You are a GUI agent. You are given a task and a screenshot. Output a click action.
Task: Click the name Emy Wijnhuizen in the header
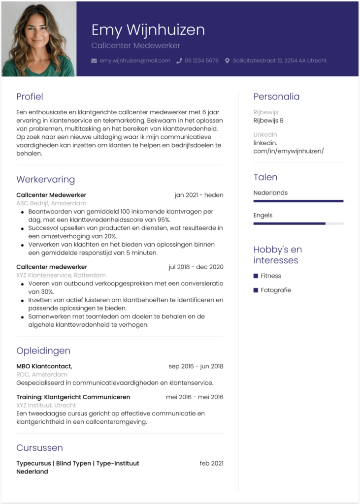coord(148,30)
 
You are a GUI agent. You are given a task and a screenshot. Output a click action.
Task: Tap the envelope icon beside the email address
coord(95,61)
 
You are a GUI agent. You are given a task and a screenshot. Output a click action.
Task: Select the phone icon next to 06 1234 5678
coord(179,61)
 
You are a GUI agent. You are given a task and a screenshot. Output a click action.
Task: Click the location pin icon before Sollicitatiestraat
coord(227,61)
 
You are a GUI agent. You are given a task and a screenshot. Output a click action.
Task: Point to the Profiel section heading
coord(30,96)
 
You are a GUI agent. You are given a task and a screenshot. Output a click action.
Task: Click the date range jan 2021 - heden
coord(198,195)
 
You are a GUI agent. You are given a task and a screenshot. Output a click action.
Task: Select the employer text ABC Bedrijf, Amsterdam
coord(51,203)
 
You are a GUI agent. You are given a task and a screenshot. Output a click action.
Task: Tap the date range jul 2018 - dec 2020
coord(196,267)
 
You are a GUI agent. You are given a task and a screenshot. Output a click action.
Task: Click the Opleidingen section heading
coord(43,351)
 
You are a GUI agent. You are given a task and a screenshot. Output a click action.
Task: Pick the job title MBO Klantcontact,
coord(44,366)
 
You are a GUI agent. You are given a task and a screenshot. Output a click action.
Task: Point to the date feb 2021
coord(211,463)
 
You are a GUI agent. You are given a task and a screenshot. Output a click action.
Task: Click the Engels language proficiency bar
coord(298,223)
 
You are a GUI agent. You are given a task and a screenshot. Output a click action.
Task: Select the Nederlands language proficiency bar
coord(298,201)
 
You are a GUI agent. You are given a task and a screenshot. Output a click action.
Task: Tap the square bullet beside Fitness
coord(256,276)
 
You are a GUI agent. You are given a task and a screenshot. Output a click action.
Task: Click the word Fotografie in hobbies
coord(276,290)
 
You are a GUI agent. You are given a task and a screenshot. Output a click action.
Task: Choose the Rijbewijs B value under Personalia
coord(268,121)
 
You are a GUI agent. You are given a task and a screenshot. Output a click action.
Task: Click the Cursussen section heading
coord(39,448)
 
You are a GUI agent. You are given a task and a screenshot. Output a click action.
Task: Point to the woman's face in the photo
coord(37,32)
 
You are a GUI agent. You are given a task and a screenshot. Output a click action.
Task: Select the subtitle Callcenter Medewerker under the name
coord(136,46)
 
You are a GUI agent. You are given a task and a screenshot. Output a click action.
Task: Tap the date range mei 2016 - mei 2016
coord(195,397)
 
